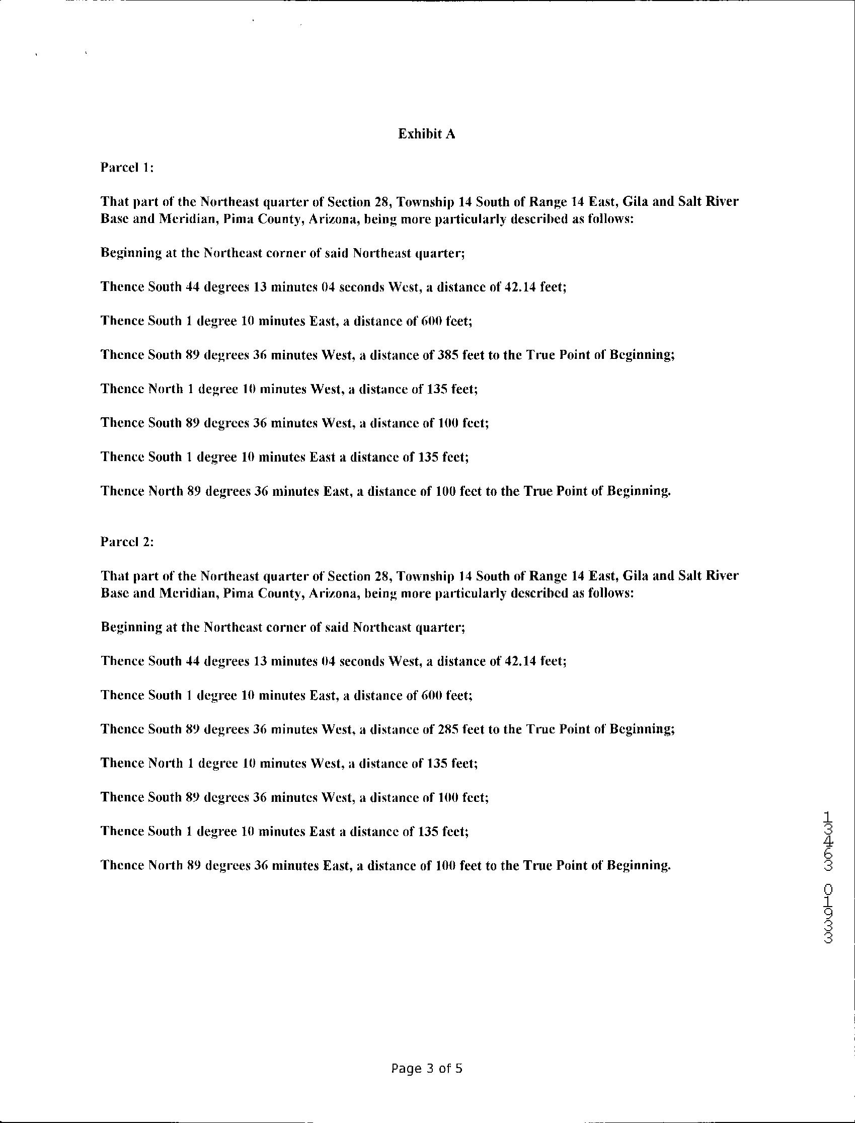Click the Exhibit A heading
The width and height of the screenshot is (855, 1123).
click(426, 134)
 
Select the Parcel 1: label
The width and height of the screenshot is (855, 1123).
click(127, 168)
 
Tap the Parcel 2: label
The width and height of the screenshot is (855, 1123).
click(127, 542)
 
